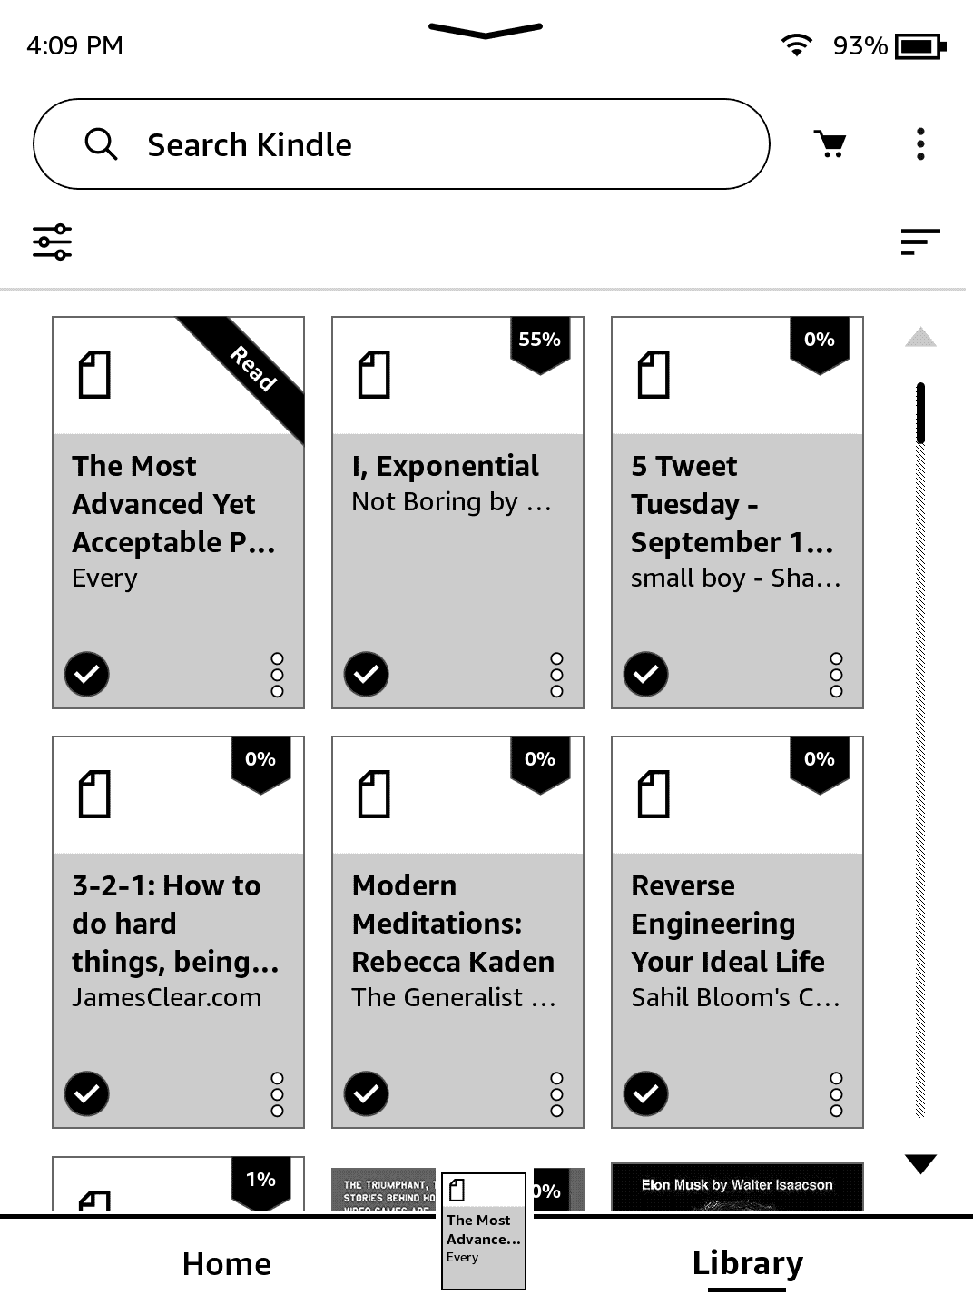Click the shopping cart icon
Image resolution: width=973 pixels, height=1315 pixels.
pyautogui.click(x=830, y=143)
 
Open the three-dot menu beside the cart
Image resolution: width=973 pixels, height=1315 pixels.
pyautogui.click(x=920, y=143)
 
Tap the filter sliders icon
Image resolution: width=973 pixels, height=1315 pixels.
pyautogui.click(x=53, y=242)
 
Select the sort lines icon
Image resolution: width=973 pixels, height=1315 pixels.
pyautogui.click(x=919, y=242)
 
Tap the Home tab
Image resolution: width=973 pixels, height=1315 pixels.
pyautogui.click(x=226, y=1263)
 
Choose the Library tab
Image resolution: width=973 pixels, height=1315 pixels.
pyautogui.click(x=747, y=1263)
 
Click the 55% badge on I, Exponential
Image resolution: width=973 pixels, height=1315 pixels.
pyautogui.click(x=539, y=341)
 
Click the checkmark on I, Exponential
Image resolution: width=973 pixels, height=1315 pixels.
pyautogui.click(x=366, y=674)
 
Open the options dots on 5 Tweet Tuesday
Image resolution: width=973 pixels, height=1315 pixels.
pyautogui.click(x=836, y=674)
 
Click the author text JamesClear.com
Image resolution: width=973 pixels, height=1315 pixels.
pyautogui.click(x=167, y=997)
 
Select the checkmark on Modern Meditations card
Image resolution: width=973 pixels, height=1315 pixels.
pyautogui.click(x=366, y=1093)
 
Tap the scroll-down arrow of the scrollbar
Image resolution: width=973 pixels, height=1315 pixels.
pyautogui.click(x=920, y=1163)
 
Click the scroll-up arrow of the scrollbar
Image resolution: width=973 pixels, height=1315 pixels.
pyautogui.click(x=920, y=338)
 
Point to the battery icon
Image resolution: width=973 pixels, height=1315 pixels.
pyautogui.click(x=920, y=45)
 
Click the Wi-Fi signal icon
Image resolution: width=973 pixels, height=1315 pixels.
pyautogui.click(x=796, y=44)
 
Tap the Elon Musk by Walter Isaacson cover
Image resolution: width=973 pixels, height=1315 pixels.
pyautogui.click(x=736, y=1186)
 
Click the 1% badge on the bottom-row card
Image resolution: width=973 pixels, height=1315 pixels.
pyautogui.click(x=260, y=1180)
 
